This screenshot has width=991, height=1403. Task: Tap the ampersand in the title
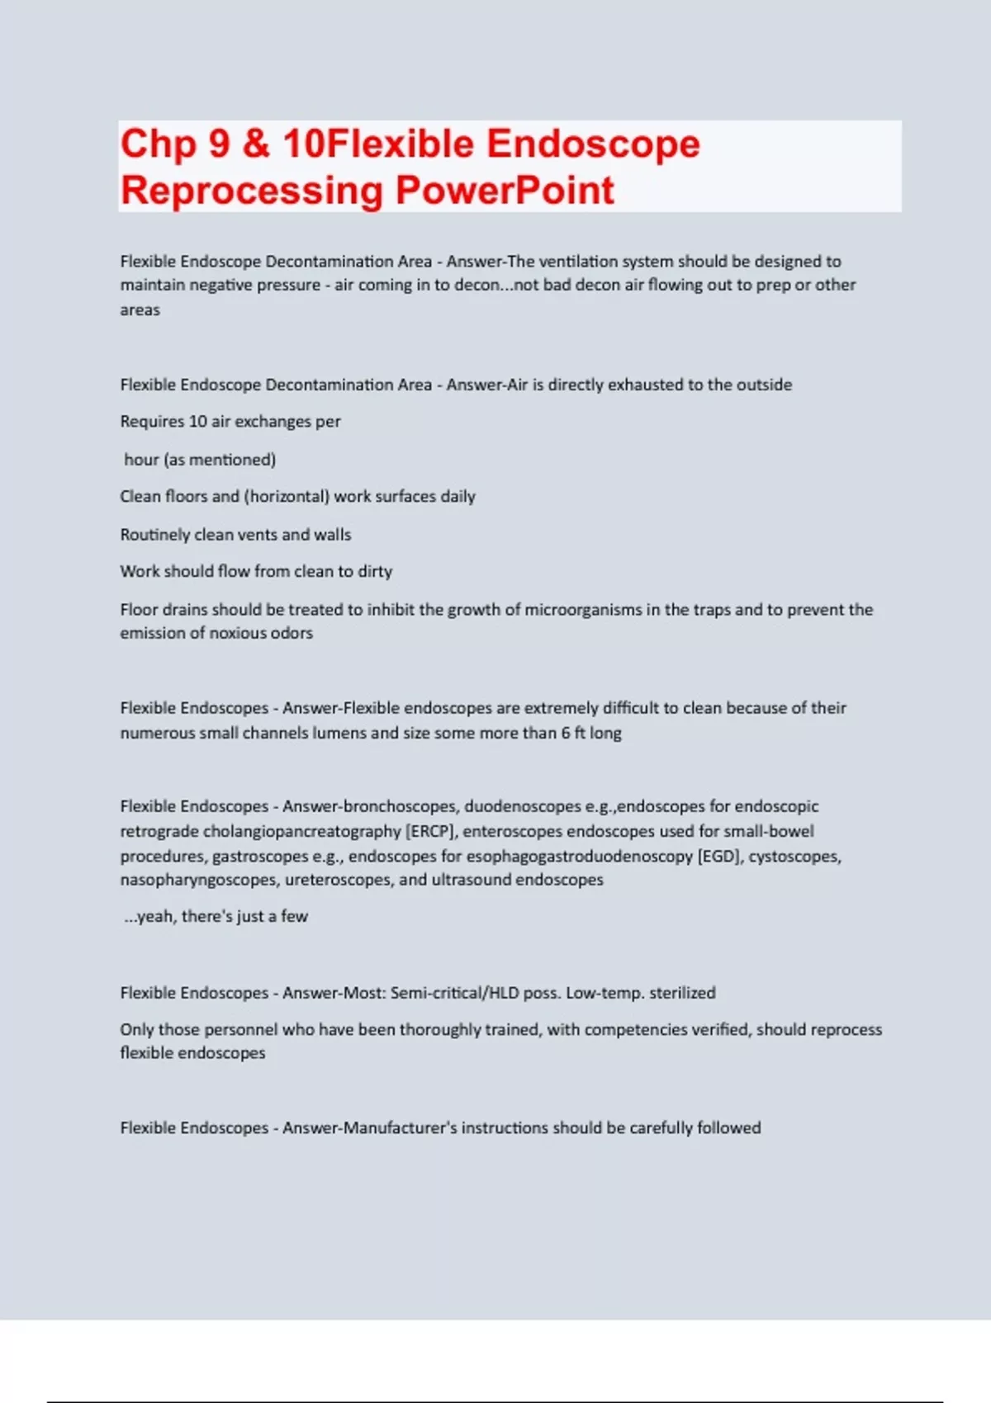click(256, 144)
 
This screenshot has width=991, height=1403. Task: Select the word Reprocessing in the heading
click(252, 191)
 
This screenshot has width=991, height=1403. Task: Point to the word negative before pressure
click(224, 286)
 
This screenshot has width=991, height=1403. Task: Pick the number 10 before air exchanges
click(198, 422)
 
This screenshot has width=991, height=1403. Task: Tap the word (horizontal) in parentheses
click(286, 497)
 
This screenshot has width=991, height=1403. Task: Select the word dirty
click(375, 572)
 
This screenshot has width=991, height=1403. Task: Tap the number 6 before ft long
click(566, 733)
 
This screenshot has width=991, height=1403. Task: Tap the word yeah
click(154, 917)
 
